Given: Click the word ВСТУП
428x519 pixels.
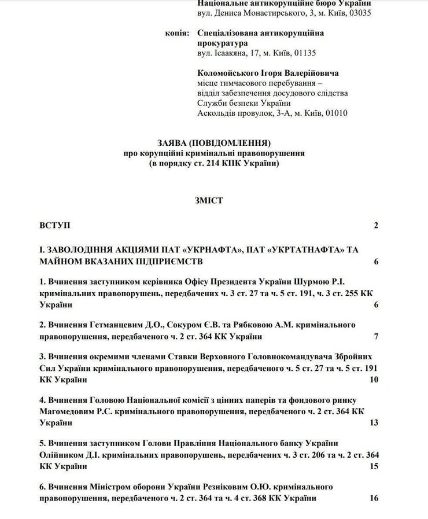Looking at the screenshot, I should click(55, 225).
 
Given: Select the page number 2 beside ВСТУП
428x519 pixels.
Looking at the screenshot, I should click(375, 225).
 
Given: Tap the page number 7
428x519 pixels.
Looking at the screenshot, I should click(375, 337).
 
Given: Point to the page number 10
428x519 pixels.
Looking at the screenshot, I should click(374, 380).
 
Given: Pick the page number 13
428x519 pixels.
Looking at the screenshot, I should click(374, 422).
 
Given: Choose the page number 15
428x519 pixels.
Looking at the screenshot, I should click(374, 466).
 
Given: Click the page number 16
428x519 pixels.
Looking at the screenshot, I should click(374, 498).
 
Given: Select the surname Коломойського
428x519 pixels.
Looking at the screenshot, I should click(225, 73).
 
